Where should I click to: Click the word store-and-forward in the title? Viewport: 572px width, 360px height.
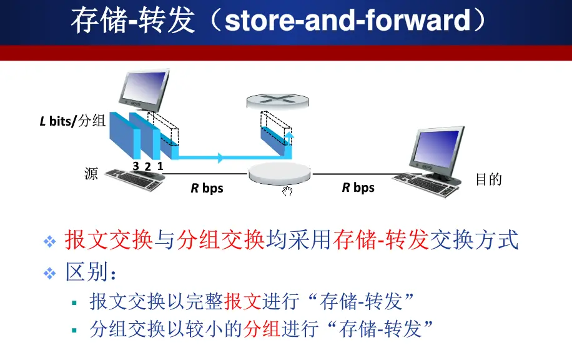347,21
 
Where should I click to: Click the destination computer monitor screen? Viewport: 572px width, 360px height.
437,146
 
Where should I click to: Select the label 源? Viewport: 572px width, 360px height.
91,173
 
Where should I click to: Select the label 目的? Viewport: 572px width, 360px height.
489,179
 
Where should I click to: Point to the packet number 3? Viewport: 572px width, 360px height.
136,166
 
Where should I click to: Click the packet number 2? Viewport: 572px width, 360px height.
148,166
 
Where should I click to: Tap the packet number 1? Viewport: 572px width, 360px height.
160,166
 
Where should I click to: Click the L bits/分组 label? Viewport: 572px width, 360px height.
72,121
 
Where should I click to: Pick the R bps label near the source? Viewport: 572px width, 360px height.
207,188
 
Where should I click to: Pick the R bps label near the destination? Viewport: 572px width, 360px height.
358,187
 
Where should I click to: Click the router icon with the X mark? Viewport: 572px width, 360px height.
277,101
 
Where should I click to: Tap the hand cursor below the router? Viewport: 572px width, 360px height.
287,191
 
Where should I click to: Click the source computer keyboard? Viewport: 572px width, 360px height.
135,179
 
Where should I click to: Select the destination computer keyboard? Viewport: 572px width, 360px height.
425,185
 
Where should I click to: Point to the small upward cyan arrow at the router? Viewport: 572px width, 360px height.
289,139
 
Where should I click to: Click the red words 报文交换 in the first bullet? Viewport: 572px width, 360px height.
109,240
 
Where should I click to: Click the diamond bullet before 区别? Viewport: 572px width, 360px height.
50,274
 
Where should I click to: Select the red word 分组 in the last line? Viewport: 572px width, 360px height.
262,328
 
